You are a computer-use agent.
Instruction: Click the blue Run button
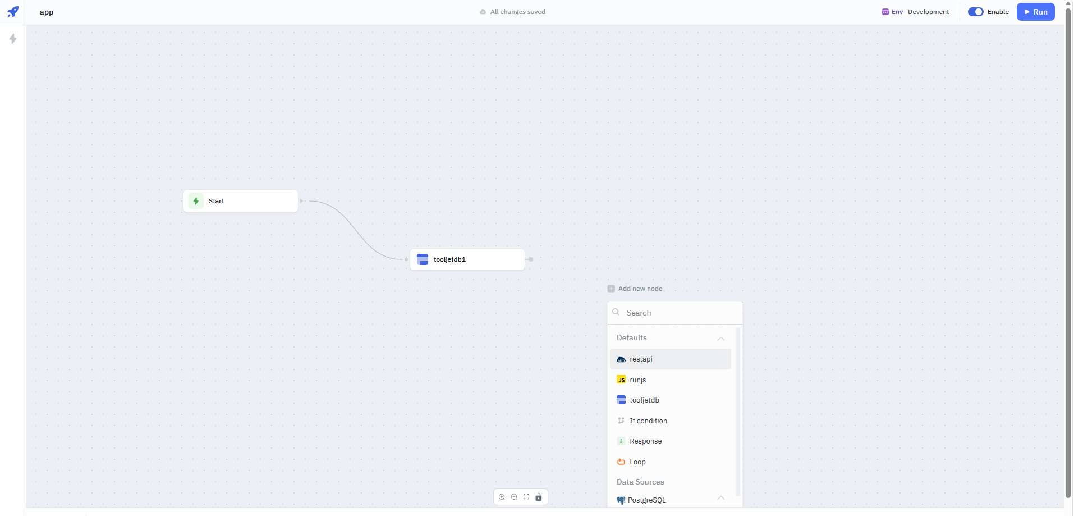(x=1035, y=12)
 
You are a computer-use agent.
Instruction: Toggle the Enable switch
(x=975, y=12)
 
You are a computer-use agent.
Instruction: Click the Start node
(x=241, y=201)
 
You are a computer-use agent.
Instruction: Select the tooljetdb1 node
(x=467, y=259)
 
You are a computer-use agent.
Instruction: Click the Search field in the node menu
(x=675, y=313)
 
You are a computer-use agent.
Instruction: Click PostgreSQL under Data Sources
(x=646, y=500)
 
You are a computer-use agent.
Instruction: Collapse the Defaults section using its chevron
(x=721, y=339)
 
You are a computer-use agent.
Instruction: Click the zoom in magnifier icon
(x=502, y=497)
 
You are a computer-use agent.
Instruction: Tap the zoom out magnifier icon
(x=514, y=497)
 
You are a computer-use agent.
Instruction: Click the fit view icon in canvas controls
(x=526, y=497)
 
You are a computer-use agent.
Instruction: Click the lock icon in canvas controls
(x=539, y=497)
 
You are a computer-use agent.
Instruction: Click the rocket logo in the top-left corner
(x=13, y=12)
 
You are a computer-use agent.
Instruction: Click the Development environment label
(x=929, y=12)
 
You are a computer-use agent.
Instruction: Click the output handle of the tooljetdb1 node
(x=531, y=259)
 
